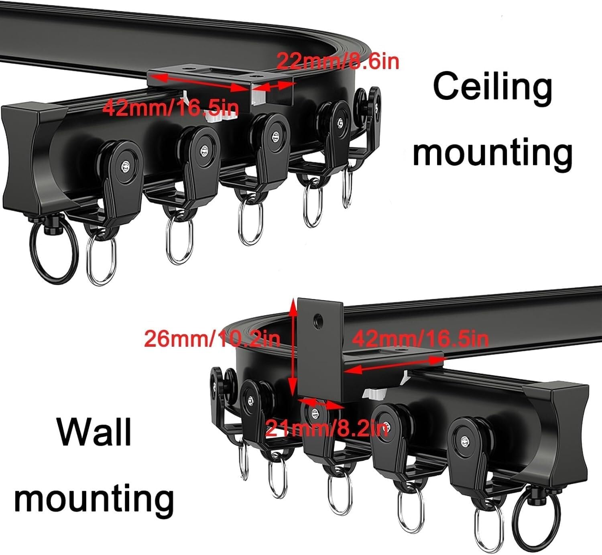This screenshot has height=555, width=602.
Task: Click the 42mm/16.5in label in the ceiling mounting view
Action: (x=171, y=108)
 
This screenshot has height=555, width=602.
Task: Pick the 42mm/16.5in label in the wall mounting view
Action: (x=420, y=339)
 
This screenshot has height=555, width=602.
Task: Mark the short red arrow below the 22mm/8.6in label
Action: (x=273, y=85)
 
